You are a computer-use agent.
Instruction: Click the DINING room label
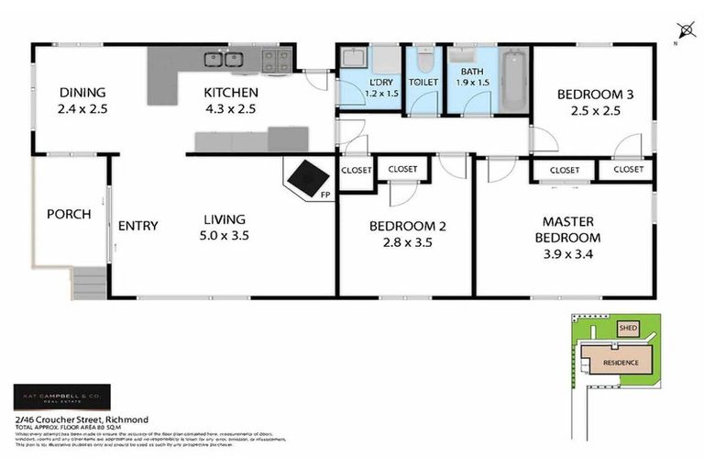82,93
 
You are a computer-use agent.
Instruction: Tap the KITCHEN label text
230,93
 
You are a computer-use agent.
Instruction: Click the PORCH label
69,215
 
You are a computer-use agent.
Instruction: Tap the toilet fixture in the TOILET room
423,63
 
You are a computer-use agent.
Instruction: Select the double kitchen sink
223,60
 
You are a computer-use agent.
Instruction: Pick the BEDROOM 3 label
593,95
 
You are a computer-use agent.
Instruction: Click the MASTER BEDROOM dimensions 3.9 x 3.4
568,253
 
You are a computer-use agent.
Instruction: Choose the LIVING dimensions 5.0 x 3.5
225,235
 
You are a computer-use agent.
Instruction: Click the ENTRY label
137,226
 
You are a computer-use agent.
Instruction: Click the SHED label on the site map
628,328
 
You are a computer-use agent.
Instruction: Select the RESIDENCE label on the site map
620,364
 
